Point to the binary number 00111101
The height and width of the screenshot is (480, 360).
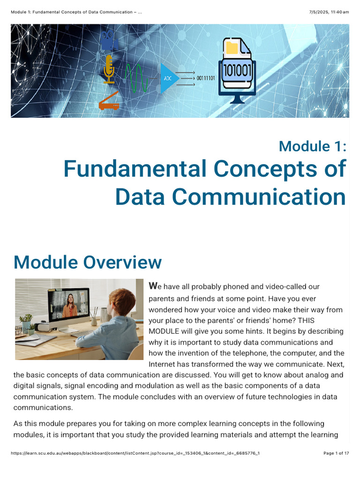click(x=206, y=78)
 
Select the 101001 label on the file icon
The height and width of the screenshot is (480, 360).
click(x=237, y=70)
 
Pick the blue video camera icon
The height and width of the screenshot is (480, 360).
click(x=109, y=40)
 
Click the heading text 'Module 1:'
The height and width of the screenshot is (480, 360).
click(x=312, y=146)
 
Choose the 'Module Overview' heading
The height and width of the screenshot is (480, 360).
click(x=88, y=262)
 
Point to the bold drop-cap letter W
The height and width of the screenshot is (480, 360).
click(x=152, y=285)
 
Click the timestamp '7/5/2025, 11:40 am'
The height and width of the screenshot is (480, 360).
click(x=331, y=12)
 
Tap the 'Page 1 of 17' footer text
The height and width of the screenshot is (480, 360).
click(x=336, y=453)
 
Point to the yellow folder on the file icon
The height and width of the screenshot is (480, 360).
click(x=232, y=48)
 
